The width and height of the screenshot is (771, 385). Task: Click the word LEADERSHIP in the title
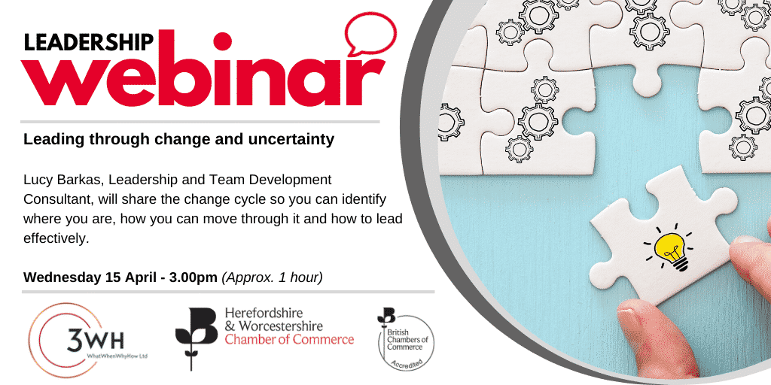(89, 42)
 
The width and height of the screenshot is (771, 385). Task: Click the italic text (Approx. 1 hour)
(272, 278)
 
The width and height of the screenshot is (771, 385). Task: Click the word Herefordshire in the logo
(264, 314)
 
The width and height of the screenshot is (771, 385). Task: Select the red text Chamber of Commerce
(289, 339)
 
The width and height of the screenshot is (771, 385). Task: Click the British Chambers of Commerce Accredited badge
(405, 339)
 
